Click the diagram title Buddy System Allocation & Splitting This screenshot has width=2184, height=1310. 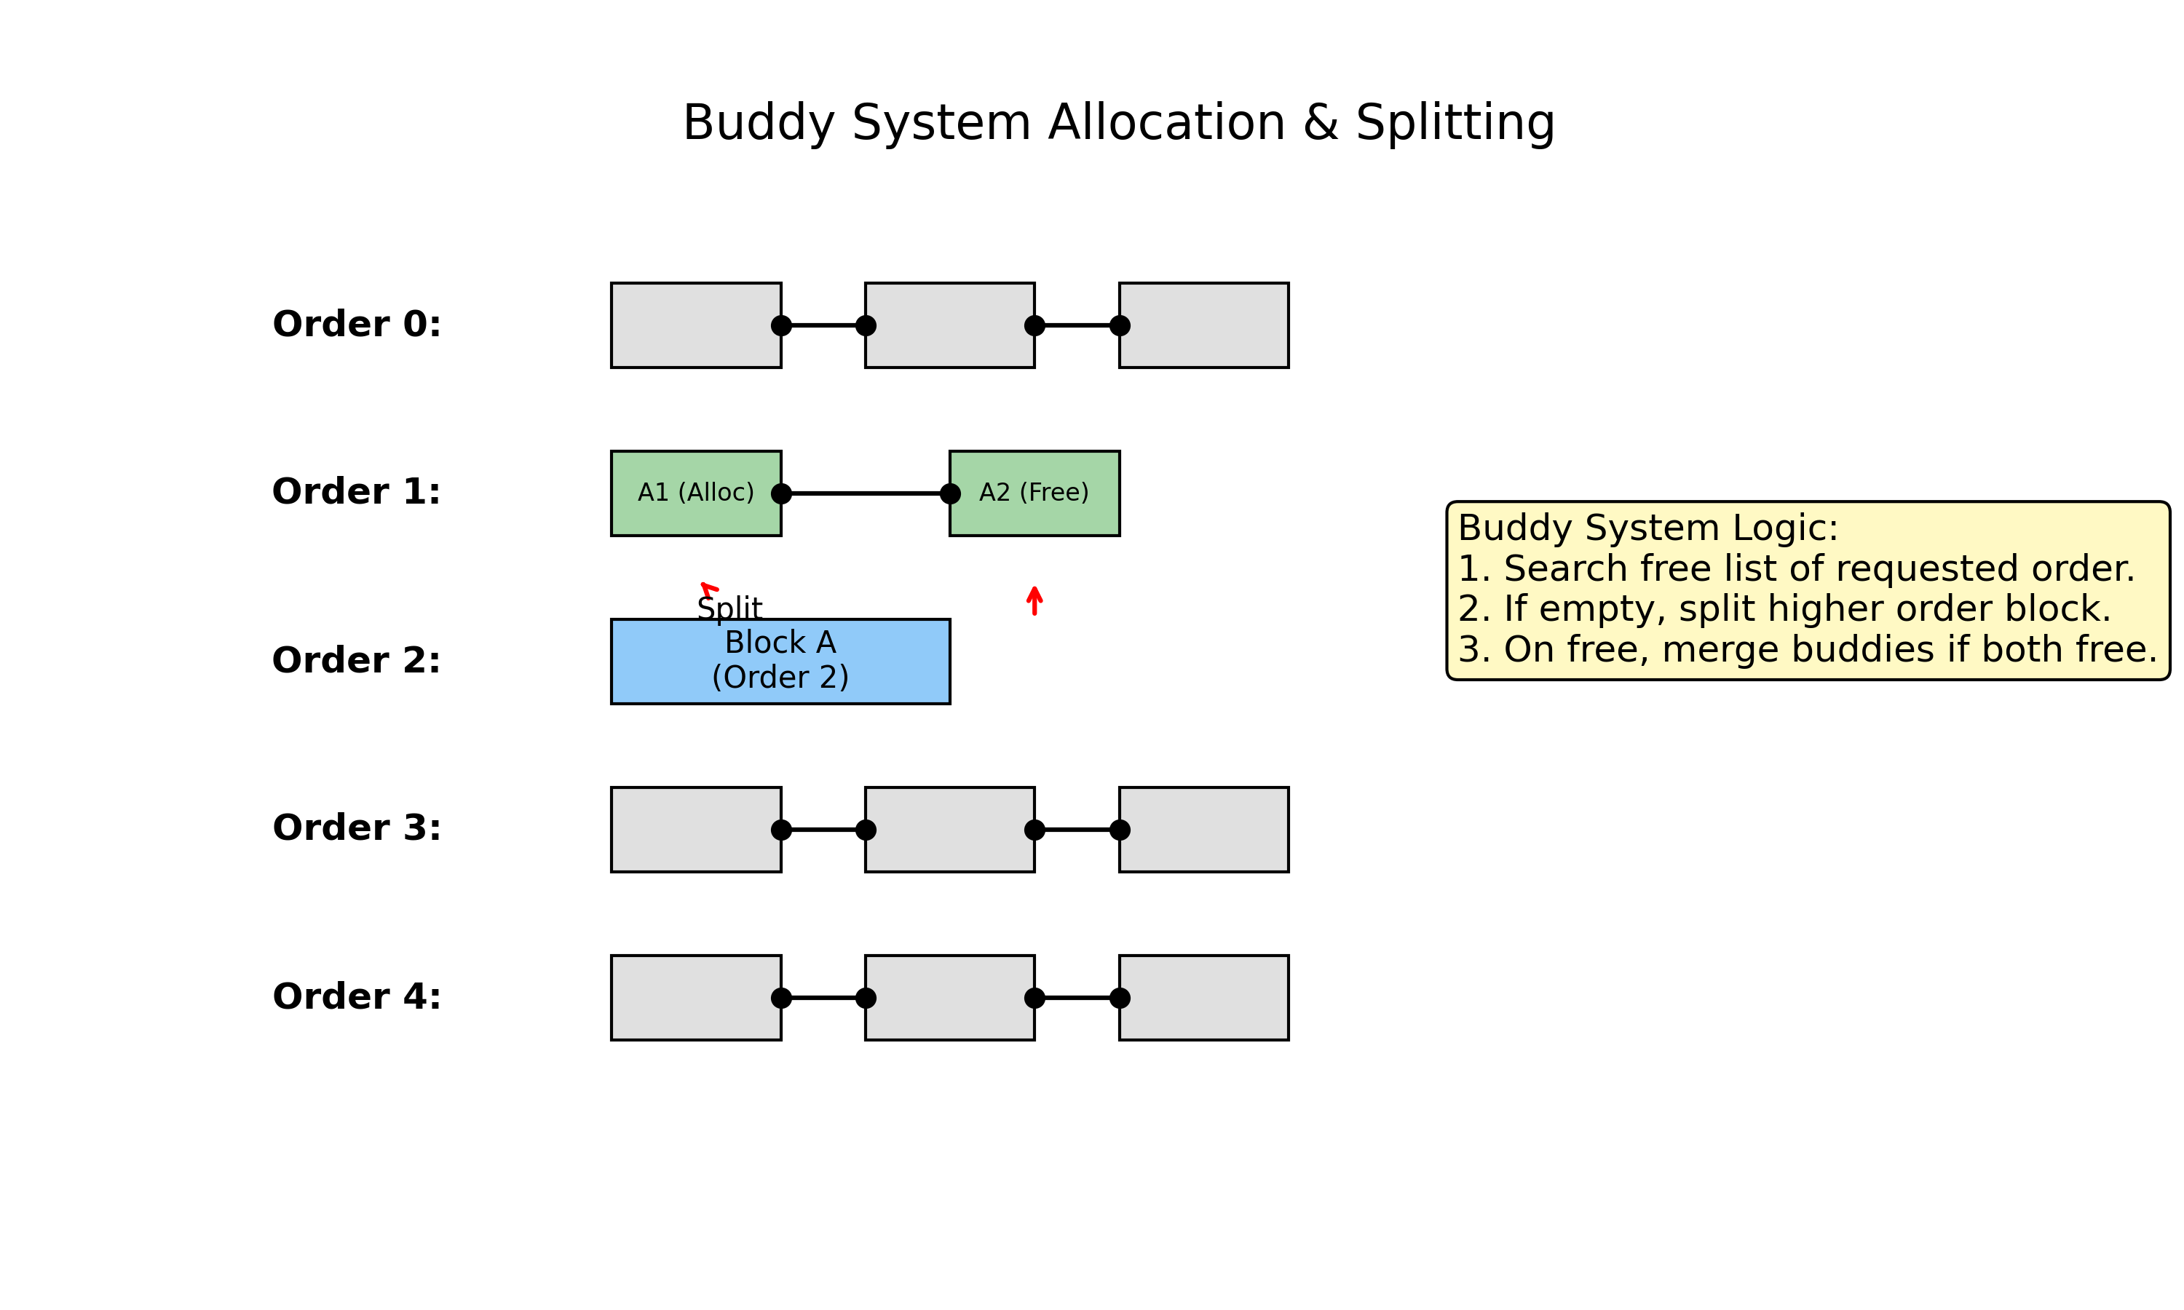point(1117,123)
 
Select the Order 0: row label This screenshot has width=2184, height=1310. point(357,324)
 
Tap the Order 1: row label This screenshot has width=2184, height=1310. point(357,492)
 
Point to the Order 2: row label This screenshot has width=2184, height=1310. point(357,660)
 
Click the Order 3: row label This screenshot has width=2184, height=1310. point(357,828)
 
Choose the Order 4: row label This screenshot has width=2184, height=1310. point(357,996)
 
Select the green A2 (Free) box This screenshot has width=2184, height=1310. point(1034,493)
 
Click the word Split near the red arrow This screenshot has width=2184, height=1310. point(729,608)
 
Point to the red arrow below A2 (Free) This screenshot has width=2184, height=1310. point(1034,600)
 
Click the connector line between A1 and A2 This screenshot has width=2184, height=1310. point(865,493)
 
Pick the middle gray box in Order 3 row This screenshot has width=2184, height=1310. point(949,829)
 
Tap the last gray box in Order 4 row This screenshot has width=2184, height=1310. point(1203,998)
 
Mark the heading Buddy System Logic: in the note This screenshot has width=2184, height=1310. point(1647,528)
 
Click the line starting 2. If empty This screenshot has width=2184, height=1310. point(1783,609)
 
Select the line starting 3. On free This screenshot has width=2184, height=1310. point(1806,650)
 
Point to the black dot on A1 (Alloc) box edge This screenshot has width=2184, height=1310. point(781,493)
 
